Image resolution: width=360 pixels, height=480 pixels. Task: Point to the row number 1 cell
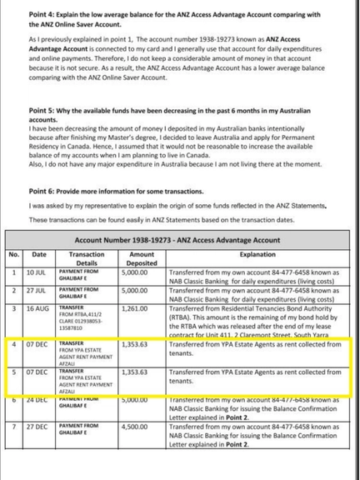[13, 272]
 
